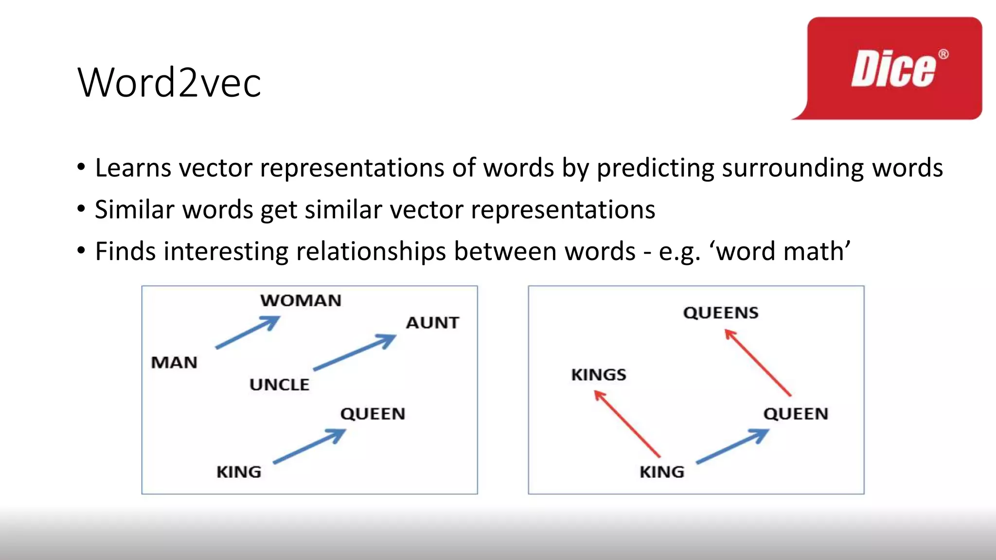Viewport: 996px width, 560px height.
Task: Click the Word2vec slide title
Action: [169, 83]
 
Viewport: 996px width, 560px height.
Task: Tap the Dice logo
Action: [894, 69]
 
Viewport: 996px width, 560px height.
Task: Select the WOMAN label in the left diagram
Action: [301, 300]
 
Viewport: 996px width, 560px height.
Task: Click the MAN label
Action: [174, 363]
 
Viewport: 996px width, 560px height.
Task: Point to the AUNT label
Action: [432, 323]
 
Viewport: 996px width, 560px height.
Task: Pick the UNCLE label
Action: [279, 385]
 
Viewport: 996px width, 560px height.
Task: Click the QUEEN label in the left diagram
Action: [373, 414]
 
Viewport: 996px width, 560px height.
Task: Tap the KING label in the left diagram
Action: [239, 472]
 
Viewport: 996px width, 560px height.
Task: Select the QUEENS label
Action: [721, 313]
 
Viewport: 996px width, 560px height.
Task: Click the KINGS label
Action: [599, 375]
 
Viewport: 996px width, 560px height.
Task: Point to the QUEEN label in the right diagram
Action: [796, 414]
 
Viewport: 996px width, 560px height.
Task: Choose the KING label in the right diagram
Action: [662, 472]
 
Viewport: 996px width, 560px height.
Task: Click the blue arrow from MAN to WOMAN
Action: [248, 332]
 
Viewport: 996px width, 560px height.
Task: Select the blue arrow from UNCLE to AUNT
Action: [355, 352]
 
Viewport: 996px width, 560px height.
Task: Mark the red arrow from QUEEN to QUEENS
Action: [758, 363]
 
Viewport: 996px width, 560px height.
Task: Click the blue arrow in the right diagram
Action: [732, 446]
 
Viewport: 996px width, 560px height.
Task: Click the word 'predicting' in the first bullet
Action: [655, 168]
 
